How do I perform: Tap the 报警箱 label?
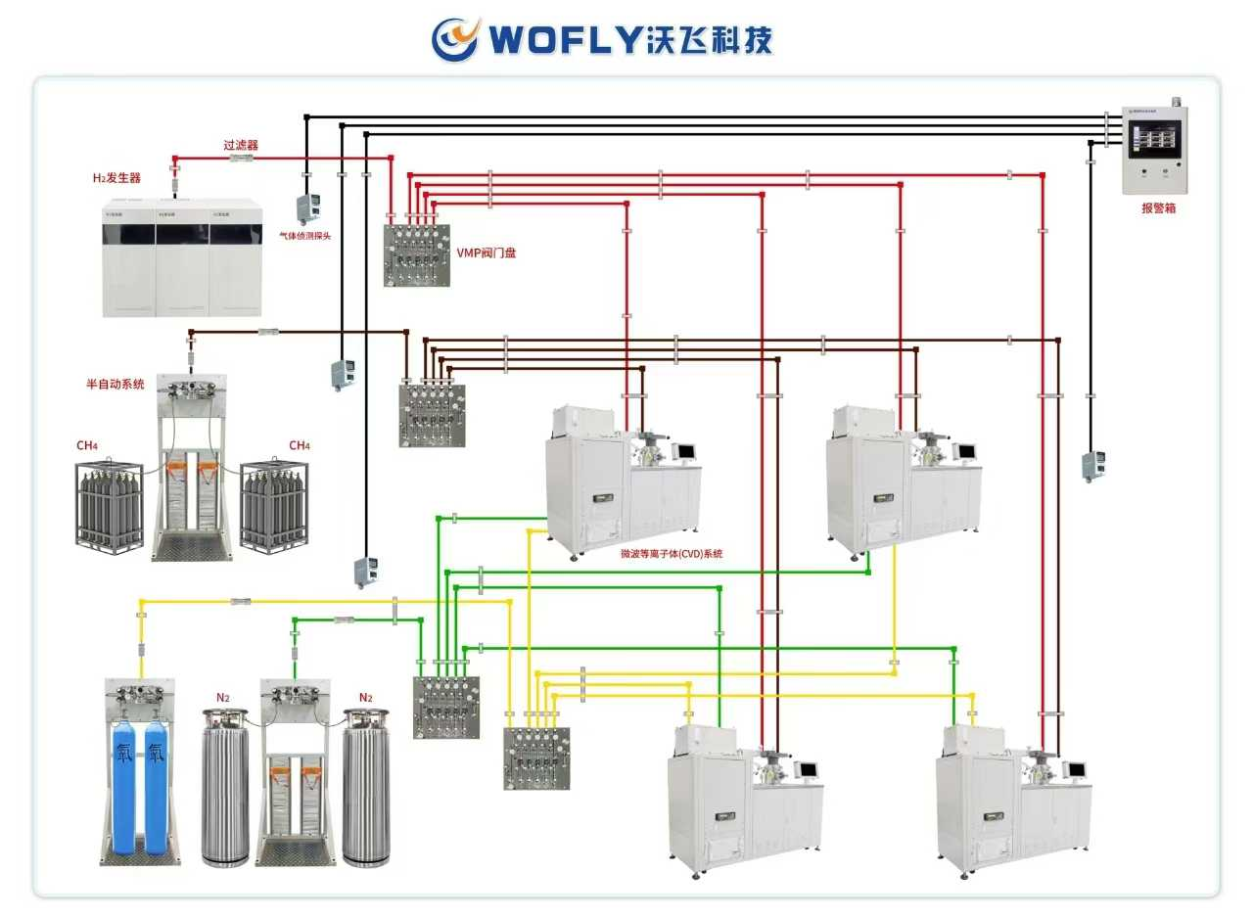pos(1158,208)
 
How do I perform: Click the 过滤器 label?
pos(240,145)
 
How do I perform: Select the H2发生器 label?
pos(116,178)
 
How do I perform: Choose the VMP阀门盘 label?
pos(487,252)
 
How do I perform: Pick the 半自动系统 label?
pos(115,385)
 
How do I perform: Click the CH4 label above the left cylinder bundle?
pos(87,446)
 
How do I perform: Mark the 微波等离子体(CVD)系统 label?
pos(672,554)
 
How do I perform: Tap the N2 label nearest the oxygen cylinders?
pos(223,698)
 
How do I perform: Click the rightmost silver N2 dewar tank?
pos(366,788)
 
